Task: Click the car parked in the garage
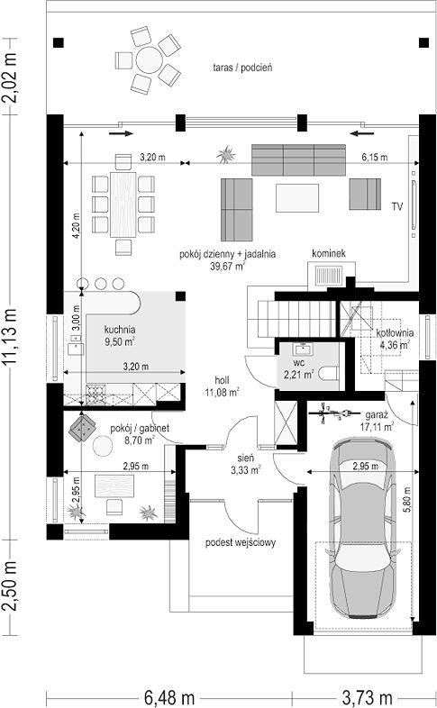[363, 530]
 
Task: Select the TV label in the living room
[396, 207]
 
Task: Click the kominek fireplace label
[329, 253]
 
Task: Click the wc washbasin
[303, 348]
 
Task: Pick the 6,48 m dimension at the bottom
[169, 698]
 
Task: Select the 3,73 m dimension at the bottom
[367, 698]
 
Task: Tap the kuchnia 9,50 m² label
[120, 335]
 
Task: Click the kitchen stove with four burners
[96, 394]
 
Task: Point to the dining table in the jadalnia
[123, 204]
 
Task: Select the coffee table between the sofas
[297, 198]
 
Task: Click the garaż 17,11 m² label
[377, 421]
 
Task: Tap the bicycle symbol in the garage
[336, 413]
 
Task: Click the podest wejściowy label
[241, 542]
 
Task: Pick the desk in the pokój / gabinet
[114, 486]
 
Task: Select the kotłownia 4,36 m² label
[395, 339]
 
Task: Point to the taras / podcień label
[242, 68]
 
